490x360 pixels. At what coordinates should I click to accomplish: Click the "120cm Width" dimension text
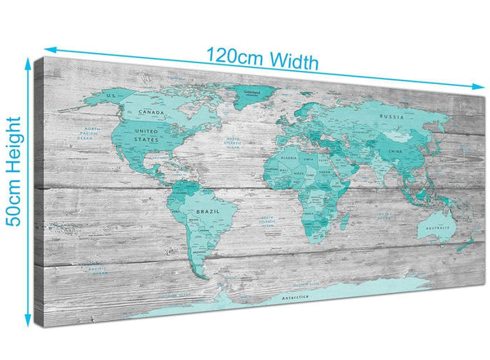click(261, 60)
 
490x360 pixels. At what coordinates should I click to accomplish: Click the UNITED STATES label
click(147, 136)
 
